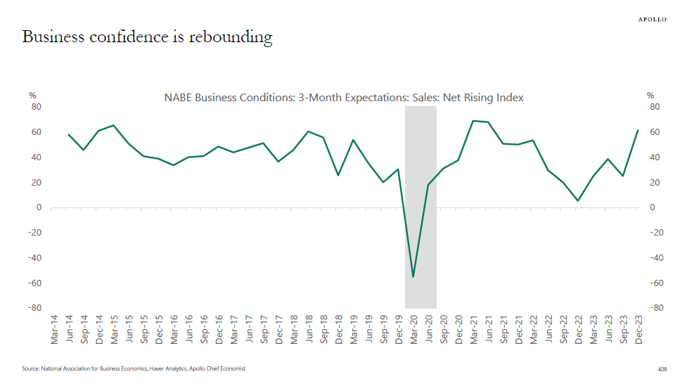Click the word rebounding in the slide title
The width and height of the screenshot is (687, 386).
[x=231, y=37]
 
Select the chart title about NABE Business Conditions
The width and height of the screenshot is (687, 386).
[x=344, y=98]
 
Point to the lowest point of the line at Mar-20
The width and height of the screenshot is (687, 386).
[x=413, y=277]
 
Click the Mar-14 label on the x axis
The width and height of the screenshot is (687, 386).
[x=54, y=328]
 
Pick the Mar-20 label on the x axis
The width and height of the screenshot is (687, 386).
[x=413, y=328]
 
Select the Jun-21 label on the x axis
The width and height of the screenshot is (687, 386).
[x=489, y=328]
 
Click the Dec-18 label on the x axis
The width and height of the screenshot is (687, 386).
[x=338, y=328]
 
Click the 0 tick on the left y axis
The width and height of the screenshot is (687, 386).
[x=39, y=207]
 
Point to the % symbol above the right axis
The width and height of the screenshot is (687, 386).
[x=650, y=96]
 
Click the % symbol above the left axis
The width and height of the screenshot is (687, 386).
[x=32, y=96]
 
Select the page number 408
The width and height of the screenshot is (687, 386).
[x=662, y=368]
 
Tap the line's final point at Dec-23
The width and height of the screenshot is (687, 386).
[x=638, y=130]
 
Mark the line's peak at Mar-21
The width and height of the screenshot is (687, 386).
[x=473, y=121]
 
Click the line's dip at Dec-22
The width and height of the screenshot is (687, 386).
[x=578, y=201]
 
